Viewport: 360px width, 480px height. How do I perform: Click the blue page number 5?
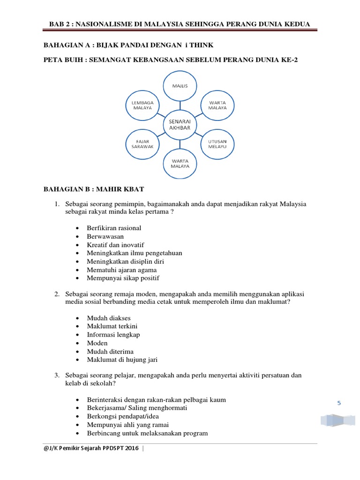(x=339, y=403)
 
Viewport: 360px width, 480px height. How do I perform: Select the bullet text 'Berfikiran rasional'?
(x=114, y=228)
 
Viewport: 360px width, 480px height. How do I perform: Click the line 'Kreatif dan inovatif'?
(x=115, y=245)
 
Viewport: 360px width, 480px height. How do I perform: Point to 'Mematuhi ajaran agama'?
(x=122, y=270)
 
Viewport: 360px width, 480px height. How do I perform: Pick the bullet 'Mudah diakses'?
(x=109, y=318)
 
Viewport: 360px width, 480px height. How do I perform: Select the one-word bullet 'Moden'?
(x=97, y=343)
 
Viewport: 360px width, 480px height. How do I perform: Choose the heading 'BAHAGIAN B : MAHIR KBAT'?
(x=94, y=189)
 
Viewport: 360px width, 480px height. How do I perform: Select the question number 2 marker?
(x=56, y=294)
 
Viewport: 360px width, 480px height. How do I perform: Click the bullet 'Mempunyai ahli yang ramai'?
(x=128, y=425)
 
